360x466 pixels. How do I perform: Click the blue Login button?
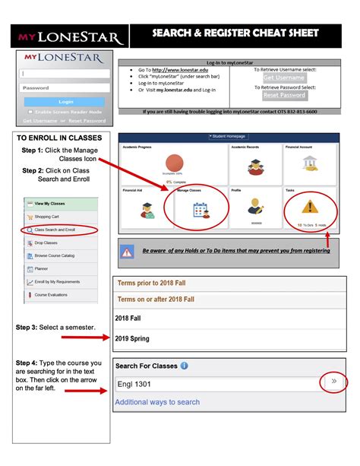[65, 101]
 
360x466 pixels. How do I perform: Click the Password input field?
[65, 87]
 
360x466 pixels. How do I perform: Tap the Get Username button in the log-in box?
[284, 78]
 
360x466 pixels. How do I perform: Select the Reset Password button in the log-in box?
[284, 96]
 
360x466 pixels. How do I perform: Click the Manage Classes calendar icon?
[201, 210]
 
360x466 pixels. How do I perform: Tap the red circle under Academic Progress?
[175, 162]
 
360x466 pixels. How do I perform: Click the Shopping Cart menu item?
[46, 216]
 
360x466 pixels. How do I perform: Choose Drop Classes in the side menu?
[46, 243]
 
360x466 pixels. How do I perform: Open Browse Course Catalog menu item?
[54, 255]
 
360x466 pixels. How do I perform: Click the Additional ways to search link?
[157, 402]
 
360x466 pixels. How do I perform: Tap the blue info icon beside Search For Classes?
[185, 366]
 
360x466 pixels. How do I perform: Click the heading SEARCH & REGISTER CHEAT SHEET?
[235, 33]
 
